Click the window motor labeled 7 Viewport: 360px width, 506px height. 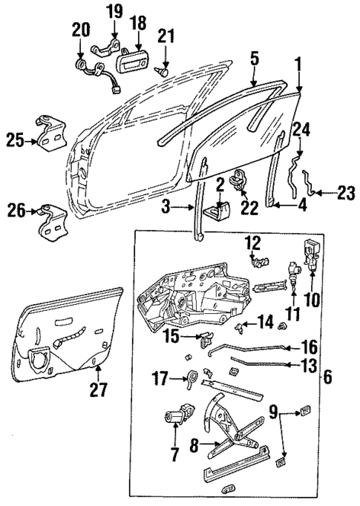click(173, 418)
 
